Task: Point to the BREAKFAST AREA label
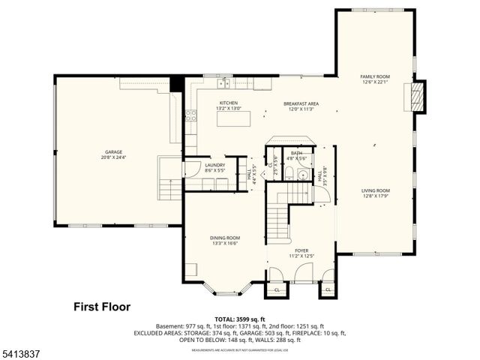pyautogui.click(x=301, y=105)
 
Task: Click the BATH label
pyautogui.click(x=296, y=154)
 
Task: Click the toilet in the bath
pyautogui.click(x=282, y=174)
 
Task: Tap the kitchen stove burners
pyautogui.click(x=190, y=115)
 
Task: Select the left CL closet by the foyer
pyautogui.click(x=276, y=289)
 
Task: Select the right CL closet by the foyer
pyautogui.click(x=328, y=289)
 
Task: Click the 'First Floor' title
pyautogui.click(x=101, y=307)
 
